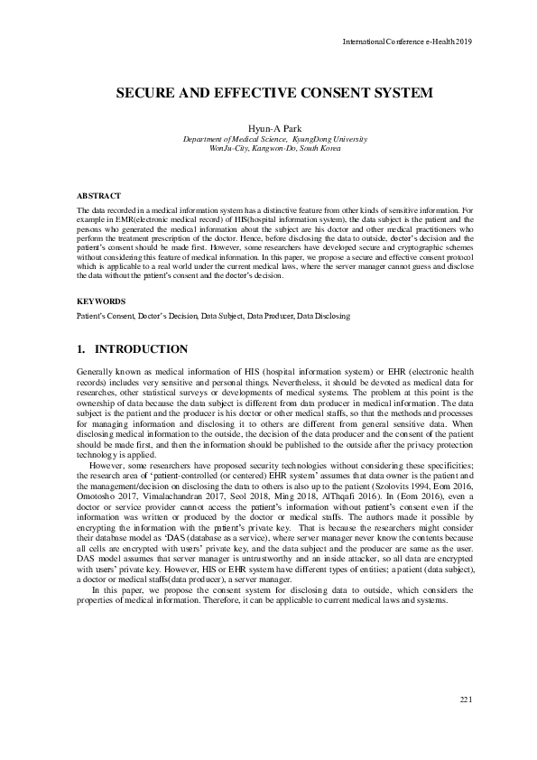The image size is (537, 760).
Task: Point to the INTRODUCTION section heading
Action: click(142, 349)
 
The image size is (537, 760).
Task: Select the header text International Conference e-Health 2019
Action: click(408, 42)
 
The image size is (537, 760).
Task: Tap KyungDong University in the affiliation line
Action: click(329, 140)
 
